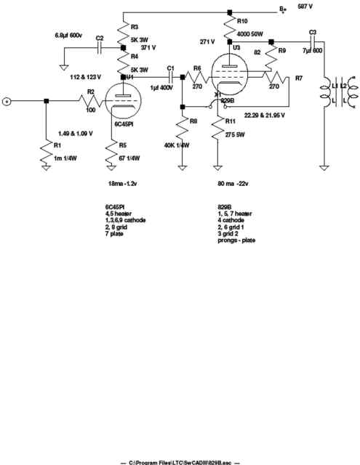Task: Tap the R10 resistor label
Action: pyautogui.click(x=242, y=21)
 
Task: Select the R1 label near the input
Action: pyautogui.click(x=57, y=146)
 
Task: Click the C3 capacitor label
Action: pyautogui.click(x=313, y=32)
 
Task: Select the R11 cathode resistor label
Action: pyautogui.click(x=231, y=121)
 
